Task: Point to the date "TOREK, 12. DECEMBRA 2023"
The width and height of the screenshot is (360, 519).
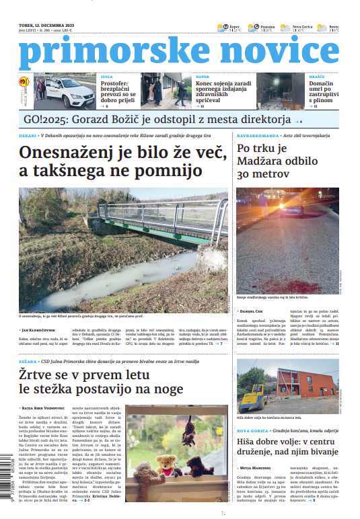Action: tap(45, 25)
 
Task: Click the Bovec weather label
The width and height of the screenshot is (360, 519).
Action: tap(334, 26)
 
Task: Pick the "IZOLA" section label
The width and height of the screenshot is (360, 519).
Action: tap(106, 77)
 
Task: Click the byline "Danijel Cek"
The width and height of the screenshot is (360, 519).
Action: tap(255, 311)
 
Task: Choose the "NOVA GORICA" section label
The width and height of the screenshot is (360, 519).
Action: tap(252, 430)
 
